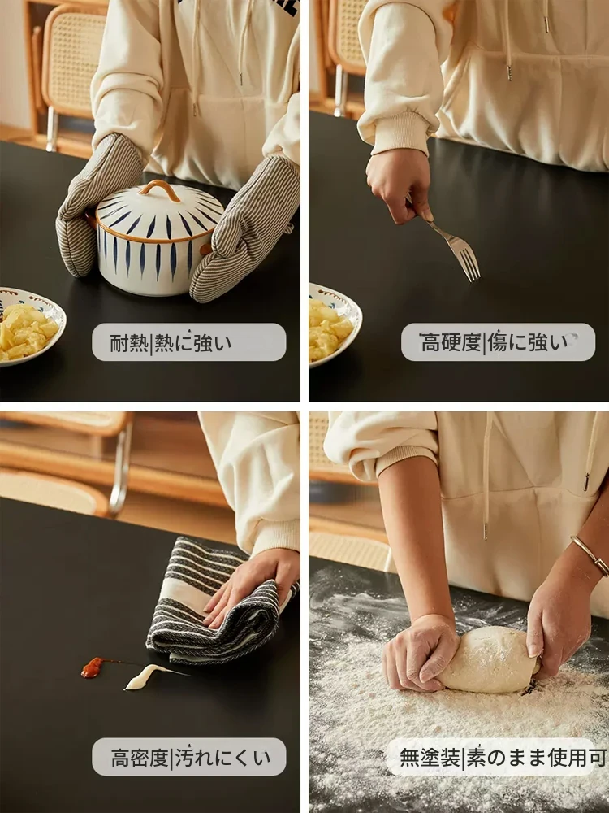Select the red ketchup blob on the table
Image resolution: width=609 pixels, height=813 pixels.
pyautogui.click(x=93, y=667)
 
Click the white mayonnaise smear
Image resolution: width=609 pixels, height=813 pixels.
pyautogui.click(x=145, y=676)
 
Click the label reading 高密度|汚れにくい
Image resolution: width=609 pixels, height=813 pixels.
pyautogui.click(x=189, y=757)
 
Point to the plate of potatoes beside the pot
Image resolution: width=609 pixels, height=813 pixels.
pyautogui.click(x=31, y=327)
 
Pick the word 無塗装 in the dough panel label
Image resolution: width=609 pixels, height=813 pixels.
pyautogui.click(x=430, y=758)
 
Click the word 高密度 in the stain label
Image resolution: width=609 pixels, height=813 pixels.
pyautogui.click(x=140, y=758)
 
